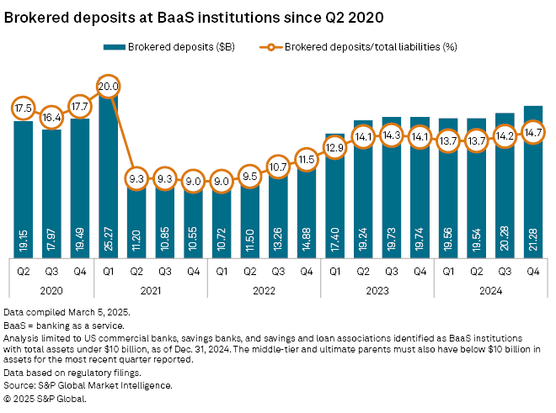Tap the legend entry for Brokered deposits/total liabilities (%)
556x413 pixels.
tap(361, 47)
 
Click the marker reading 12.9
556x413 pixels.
tap(334, 147)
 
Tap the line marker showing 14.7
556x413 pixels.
tap(532, 132)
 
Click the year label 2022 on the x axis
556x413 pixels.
tap(264, 290)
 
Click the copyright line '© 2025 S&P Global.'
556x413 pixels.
tap(46, 399)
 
